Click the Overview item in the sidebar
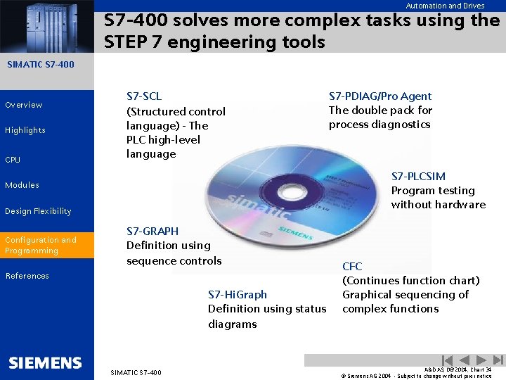pyautogui.click(x=24, y=105)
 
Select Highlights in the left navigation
pyautogui.click(x=25, y=130)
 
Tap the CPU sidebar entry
pyautogui.click(x=13, y=160)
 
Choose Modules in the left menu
pyautogui.click(x=22, y=185)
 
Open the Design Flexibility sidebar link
pyautogui.click(x=38, y=211)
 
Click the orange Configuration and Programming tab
pyautogui.click(x=46, y=245)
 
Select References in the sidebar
pyautogui.click(x=27, y=276)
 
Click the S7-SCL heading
pyautogui.click(x=144, y=96)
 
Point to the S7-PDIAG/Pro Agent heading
pyautogui.click(x=380, y=96)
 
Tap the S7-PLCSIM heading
pyautogui.click(x=418, y=177)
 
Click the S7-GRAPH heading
pyautogui.click(x=153, y=231)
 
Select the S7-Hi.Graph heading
pyautogui.click(x=238, y=294)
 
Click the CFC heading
pyautogui.click(x=352, y=267)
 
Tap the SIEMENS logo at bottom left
pyautogui.click(x=45, y=363)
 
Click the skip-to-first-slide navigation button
pyautogui.click(x=447, y=360)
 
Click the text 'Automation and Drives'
pyautogui.click(x=445, y=6)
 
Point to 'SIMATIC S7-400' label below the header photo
pyautogui.click(x=40, y=65)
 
